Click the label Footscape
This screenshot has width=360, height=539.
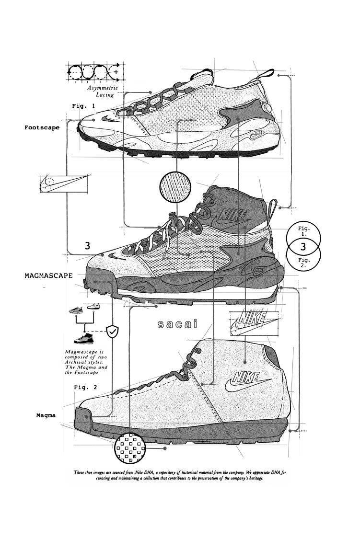pyautogui.click(x=42, y=128)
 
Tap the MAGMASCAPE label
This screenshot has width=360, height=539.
pyautogui.click(x=49, y=275)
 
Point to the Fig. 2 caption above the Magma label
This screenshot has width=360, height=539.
pyautogui.click(x=86, y=387)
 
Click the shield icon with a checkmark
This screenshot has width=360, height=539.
pyautogui.click(x=112, y=331)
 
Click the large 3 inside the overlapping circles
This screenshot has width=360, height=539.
pyautogui.click(x=303, y=247)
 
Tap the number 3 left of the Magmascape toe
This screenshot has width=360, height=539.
pyautogui.click(x=87, y=246)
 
